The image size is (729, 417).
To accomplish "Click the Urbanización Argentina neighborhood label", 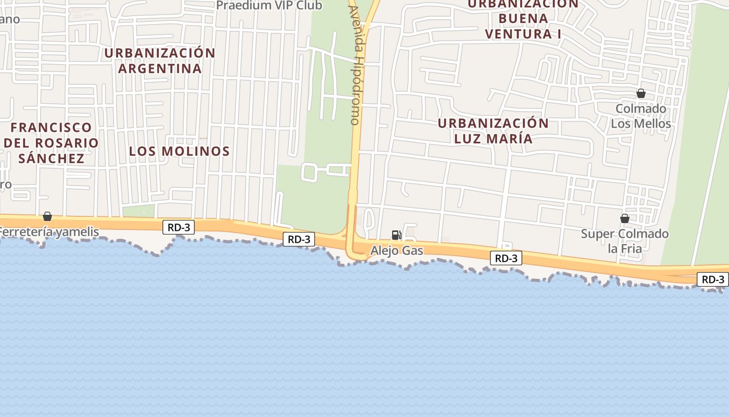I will point(159,60).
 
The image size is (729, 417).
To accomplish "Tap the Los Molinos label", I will point(179,151).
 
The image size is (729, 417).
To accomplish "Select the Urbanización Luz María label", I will point(493,131).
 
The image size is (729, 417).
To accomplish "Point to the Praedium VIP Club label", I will point(269,6).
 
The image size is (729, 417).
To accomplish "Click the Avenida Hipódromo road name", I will point(355,65).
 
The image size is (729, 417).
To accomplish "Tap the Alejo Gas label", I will point(397,251).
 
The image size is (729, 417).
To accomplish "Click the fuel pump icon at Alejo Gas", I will point(396,235).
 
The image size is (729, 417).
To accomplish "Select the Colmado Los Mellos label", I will point(640,116).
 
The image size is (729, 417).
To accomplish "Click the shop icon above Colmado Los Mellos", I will point(641,94).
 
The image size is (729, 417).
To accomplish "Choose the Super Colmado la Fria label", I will point(624,241).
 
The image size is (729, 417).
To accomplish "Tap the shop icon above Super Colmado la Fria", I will point(624,218).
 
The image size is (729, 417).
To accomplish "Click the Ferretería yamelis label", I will point(49,232).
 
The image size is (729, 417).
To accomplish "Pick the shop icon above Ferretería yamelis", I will point(47,216).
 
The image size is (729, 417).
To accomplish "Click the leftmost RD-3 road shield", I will point(179,227).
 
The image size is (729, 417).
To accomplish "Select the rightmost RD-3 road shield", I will point(713,279).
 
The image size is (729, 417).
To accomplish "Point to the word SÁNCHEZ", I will point(51,158).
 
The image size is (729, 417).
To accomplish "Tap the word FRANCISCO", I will point(51,128).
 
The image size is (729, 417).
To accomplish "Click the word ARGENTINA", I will point(159,68).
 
